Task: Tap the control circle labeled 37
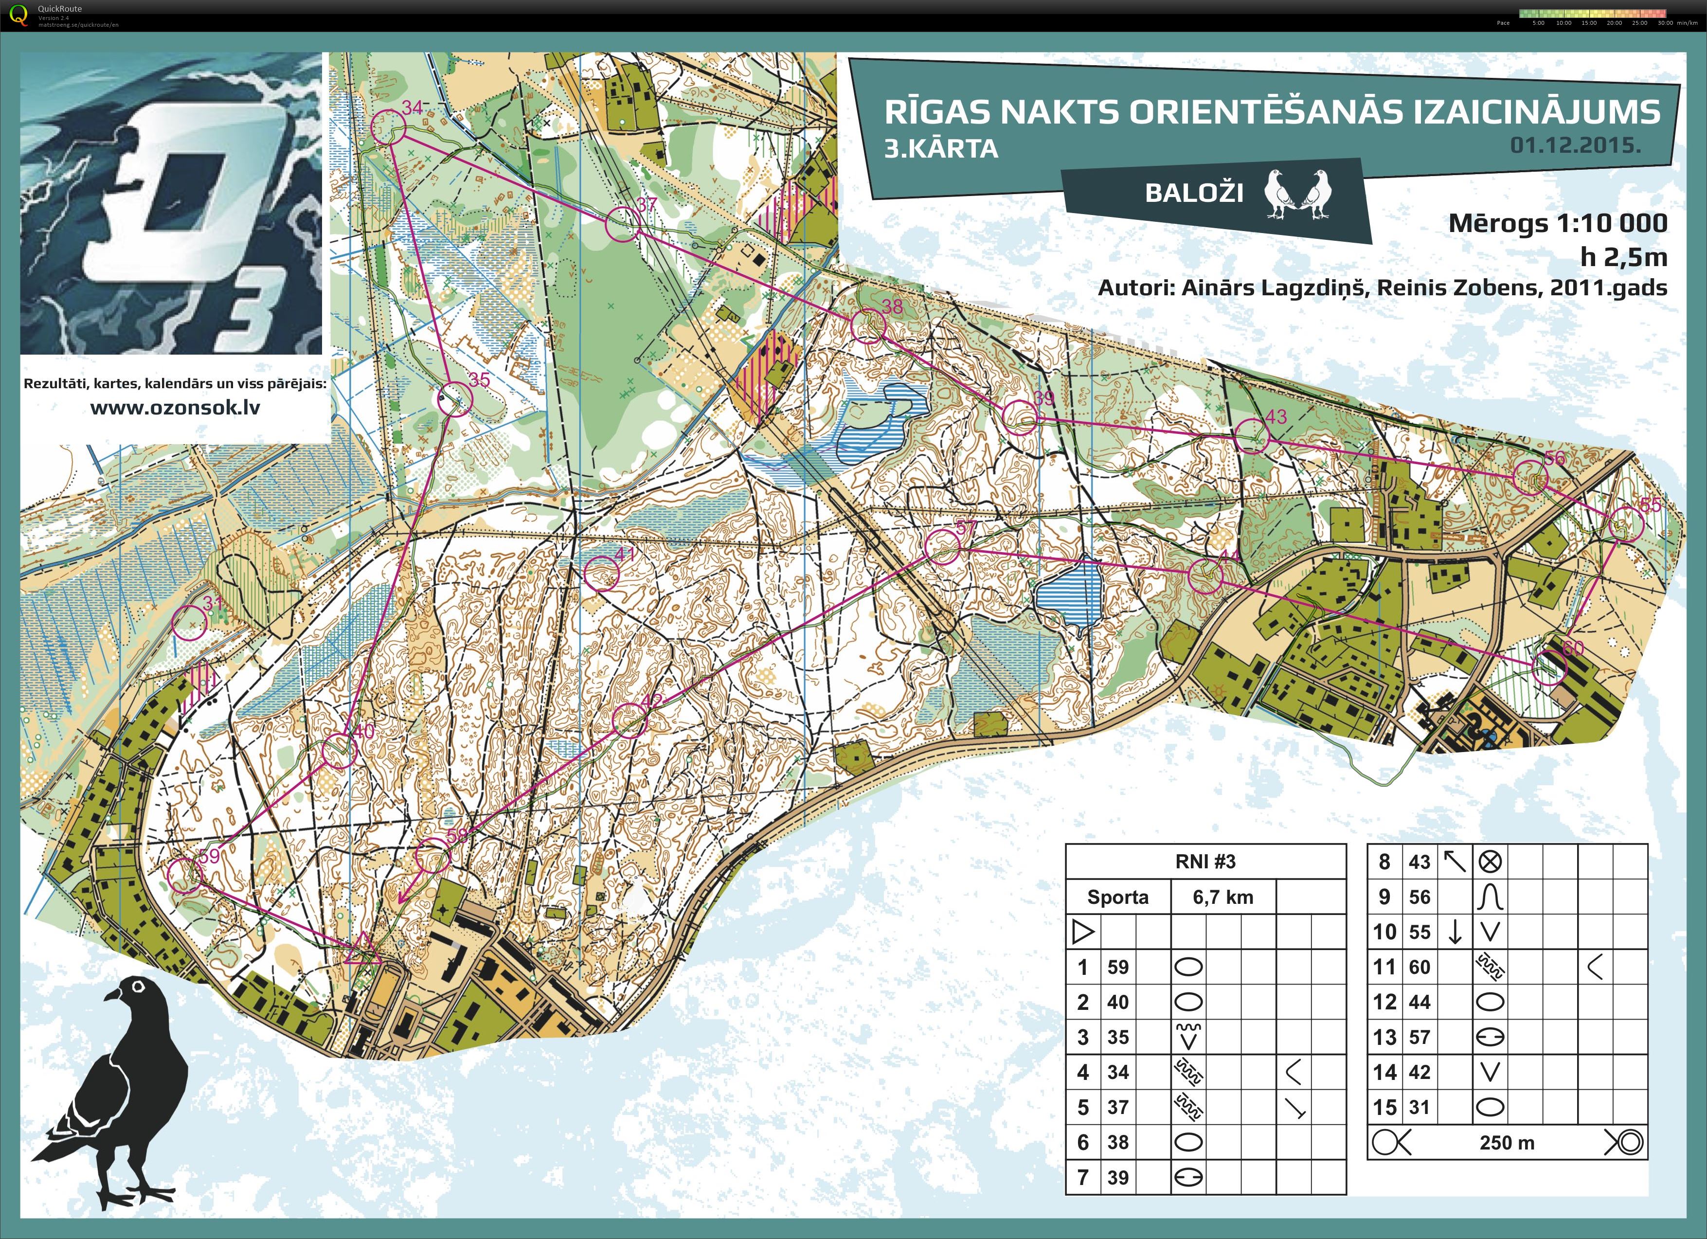click(x=623, y=224)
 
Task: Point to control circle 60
click(x=1549, y=667)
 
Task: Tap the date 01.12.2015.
click(x=1575, y=145)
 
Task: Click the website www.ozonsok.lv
click(x=175, y=408)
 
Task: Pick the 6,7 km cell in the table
click(x=1223, y=897)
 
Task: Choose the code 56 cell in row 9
click(x=1420, y=897)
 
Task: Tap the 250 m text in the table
click(x=1506, y=1143)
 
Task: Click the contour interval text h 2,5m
click(x=1623, y=257)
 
